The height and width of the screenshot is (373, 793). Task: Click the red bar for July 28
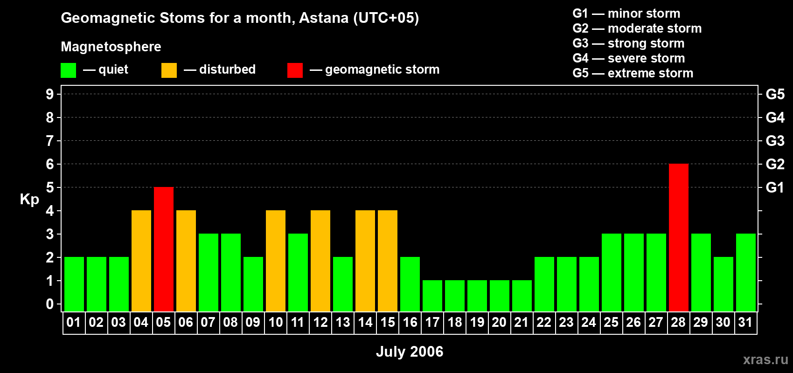tap(679, 237)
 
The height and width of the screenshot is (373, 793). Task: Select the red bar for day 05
tap(164, 249)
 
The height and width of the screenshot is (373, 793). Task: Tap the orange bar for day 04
tap(141, 261)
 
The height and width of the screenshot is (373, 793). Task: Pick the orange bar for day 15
tap(388, 261)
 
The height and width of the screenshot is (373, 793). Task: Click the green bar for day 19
tap(477, 296)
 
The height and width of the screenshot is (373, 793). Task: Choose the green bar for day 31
tap(746, 272)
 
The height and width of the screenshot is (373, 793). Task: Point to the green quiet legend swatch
tap(68, 70)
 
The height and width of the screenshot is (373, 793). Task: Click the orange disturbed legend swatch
tap(169, 70)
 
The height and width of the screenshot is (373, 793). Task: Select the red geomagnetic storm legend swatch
tap(295, 70)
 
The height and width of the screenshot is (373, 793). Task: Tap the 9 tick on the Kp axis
tap(49, 94)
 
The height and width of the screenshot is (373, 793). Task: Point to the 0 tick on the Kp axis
tap(49, 304)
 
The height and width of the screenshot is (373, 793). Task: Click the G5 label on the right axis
tap(775, 94)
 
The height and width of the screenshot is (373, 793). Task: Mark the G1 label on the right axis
tap(775, 187)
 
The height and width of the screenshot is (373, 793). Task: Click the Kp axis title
tap(29, 199)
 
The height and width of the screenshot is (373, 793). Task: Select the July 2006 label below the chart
tap(410, 352)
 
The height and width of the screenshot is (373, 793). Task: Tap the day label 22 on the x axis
tap(544, 322)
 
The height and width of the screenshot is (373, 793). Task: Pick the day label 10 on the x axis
tap(275, 322)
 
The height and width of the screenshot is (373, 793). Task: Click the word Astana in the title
tap(324, 18)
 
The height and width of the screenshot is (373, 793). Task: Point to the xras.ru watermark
tap(765, 359)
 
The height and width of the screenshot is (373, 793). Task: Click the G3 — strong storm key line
tap(628, 43)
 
